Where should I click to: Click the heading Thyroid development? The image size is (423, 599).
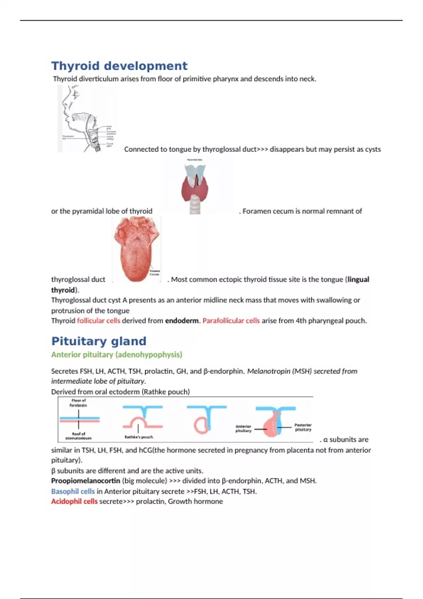(119, 66)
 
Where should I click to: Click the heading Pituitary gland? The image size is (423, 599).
(99, 341)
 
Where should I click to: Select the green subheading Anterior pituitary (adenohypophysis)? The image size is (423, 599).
(117, 354)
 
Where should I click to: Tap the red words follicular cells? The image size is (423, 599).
(98, 321)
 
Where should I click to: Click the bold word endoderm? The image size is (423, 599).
(182, 321)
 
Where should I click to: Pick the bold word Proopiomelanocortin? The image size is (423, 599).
(86, 481)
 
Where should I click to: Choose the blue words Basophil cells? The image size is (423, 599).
(73, 491)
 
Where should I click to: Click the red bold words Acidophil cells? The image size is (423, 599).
(74, 501)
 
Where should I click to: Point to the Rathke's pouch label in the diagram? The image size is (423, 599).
(139, 437)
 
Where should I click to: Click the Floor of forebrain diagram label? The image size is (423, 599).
(78, 403)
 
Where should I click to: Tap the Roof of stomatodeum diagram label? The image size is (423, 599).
(78, 436)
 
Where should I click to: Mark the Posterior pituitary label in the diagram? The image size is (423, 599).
(303, 427)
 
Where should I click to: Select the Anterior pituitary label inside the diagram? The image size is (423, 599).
(243, 428)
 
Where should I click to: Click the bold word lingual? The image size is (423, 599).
(358, 279)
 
